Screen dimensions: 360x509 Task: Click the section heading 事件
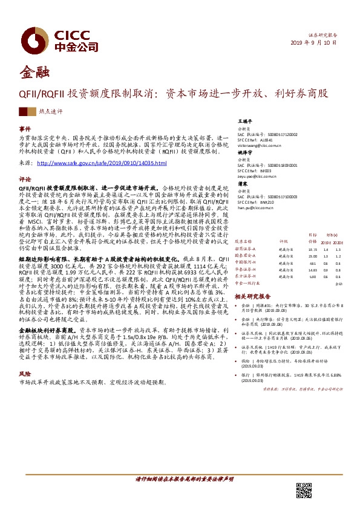[x=25, y=129]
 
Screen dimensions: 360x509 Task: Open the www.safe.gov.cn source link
[x=102, y=163]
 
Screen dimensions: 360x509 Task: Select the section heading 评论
[x=25, y=180]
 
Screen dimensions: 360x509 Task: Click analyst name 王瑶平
[x=244, y=121]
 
